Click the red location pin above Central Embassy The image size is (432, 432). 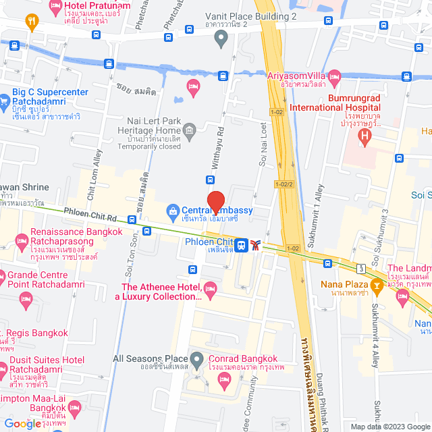(x=215, y=202)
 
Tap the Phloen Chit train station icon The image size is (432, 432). (x=241, y=244)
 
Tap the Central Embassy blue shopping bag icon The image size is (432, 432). (x=173, y=211)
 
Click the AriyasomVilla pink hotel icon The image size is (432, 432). (x=334, y=75)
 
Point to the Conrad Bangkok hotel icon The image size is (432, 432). (x=224, y=383)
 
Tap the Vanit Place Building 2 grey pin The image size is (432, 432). (x=220, y=38)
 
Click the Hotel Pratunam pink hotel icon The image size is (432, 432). (x=56, y=7)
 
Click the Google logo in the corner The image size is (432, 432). (x=22, y=423)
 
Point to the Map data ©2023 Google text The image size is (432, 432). (x=389, y=427)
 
